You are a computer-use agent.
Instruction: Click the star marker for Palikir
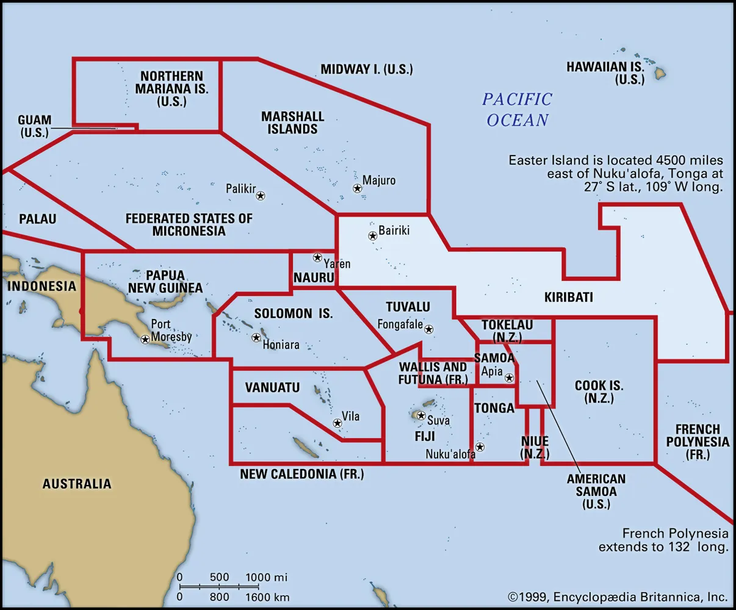click(261, 196)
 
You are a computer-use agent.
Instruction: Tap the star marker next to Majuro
click(358, 188)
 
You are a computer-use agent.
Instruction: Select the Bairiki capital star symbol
click(372, 235)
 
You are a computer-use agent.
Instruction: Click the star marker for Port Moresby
click(145, 339)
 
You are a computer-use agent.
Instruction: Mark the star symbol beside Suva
click(420, 415)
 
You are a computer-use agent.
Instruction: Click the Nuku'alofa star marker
click(480, 447)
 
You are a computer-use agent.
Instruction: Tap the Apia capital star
click(509, 378)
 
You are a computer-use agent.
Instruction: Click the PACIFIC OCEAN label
click(518, 109)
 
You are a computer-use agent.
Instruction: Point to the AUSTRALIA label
click(77, 484)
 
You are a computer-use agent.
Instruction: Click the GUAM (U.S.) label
click(34, 126)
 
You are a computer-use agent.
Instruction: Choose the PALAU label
click(37, 218)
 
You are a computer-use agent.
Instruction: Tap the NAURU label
click(314, 278)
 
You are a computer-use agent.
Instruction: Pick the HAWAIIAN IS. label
click(605, 73)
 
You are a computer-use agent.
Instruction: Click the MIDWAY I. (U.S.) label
click(367, 69)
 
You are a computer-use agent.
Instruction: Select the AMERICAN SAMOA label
click(596, 492)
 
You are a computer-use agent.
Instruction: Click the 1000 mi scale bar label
click(267, 577)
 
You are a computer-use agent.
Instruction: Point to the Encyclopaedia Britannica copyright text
click(617, 597)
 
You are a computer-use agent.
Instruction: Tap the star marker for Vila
click(337, 423)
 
